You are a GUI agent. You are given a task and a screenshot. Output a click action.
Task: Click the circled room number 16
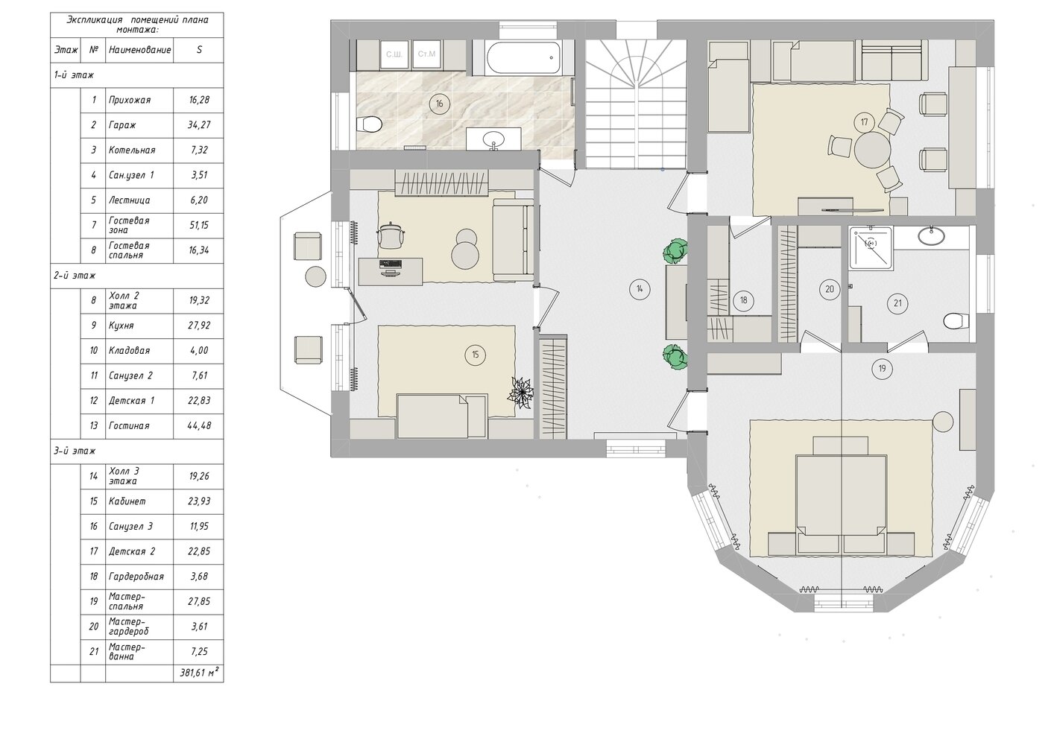coord(439,104)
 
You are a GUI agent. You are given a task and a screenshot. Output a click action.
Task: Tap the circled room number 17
coord(864,122)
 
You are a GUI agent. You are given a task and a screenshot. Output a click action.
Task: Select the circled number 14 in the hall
coord(640,289)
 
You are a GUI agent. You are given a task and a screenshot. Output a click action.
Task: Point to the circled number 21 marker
coord(897,303)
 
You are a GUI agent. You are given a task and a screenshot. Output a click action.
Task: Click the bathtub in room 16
coord(524,58)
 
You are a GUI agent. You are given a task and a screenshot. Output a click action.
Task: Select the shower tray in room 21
coord(871,248)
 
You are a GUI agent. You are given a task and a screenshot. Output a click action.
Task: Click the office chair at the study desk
coord(391,235)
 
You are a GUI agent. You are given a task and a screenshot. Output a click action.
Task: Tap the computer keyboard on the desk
coord(391,263)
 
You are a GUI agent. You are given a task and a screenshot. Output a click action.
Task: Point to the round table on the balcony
coord(315,276)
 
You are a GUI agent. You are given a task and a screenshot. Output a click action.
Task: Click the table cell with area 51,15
coord(198,225)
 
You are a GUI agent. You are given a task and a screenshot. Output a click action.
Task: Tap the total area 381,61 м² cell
coord(198,673)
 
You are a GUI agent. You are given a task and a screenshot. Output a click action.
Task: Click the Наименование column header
coord(139,50)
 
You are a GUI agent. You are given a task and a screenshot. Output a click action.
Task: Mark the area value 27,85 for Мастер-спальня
coord(198,601)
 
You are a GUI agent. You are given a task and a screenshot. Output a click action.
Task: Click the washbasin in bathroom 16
coord(493,139)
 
